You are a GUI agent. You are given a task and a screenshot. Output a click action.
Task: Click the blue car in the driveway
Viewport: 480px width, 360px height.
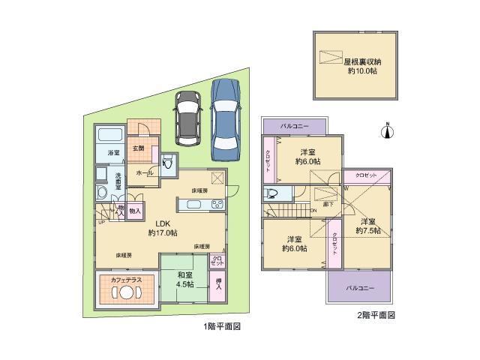click(227, 119)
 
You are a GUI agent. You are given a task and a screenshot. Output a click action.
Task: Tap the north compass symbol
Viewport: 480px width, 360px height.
click(388, 133)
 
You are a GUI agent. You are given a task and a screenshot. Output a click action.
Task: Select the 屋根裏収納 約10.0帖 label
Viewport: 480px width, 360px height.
click(361, 67)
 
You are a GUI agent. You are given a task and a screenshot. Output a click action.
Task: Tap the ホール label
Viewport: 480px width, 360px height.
click(145, 172)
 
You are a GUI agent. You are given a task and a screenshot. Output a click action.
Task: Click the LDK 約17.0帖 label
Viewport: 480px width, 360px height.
click(161, 228)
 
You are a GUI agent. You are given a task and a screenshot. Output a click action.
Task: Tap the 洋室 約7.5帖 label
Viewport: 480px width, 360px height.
click(367, 226)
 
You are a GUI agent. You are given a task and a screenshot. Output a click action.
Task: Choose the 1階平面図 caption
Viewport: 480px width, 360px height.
click(221, 327)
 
